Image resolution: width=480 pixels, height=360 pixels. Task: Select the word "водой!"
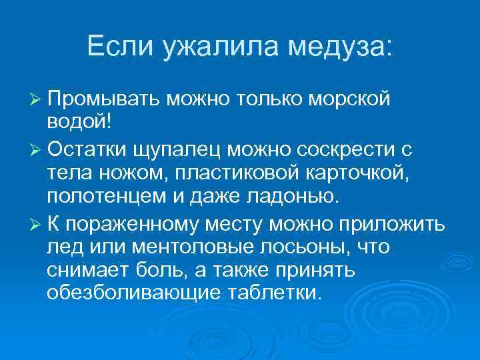pos(80,123)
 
